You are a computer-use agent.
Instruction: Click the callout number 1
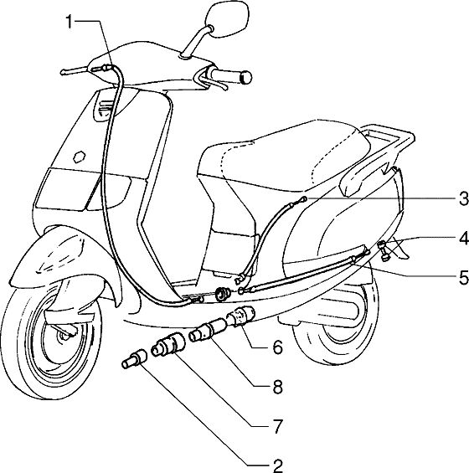pos(70,22)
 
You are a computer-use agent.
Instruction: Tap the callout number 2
pos(278,465)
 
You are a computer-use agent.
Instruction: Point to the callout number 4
pos(464,239)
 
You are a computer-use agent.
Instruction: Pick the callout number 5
pos(464,277)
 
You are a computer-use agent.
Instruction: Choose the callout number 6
pos(278,347)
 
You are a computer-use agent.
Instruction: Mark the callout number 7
pos(278,426)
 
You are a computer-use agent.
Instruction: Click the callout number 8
pos(278,387)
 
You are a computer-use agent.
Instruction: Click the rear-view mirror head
pos(228,19)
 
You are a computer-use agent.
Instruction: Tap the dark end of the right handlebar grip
pos(246,78)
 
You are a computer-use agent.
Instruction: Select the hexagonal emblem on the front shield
pos(80,157)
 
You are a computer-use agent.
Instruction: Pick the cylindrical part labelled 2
pos(135,358)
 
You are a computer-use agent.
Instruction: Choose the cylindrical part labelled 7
pos(168,343)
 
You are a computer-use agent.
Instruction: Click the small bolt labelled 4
pos(384,249)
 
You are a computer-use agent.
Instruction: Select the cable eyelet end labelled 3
pos(304,199)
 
